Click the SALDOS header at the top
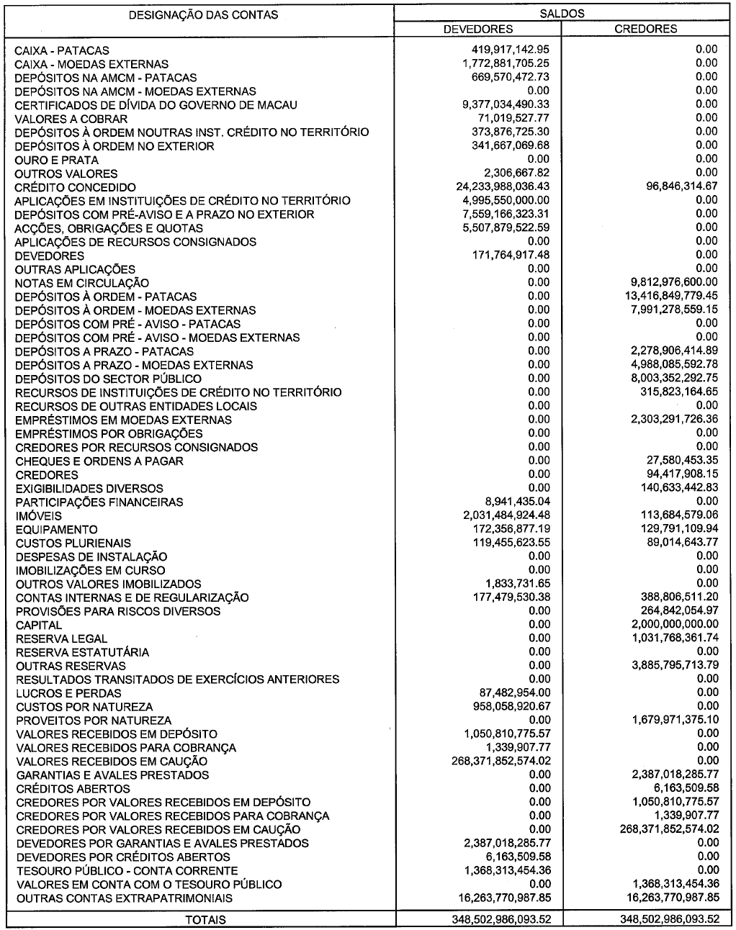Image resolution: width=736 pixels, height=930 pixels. click(x=564, y=14)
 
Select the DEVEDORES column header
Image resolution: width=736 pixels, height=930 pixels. click(x=477, y=29)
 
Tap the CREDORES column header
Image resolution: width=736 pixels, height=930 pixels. click(x=646, y=29)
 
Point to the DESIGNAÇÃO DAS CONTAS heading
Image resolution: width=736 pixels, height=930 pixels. click(x=202, y=14)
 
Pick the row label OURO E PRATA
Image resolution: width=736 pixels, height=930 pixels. click(x=57, y=160)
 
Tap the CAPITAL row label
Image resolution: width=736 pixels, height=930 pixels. click(x=39, y=625)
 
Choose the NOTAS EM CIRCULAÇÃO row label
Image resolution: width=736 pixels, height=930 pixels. click(x=82, y=283)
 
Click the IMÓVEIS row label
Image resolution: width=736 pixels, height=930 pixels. click(x=39, y=515)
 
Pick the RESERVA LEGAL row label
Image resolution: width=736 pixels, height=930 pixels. click(x=62, y=638)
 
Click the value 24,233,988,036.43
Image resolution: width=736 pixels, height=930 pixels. click(x=498, y=186)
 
